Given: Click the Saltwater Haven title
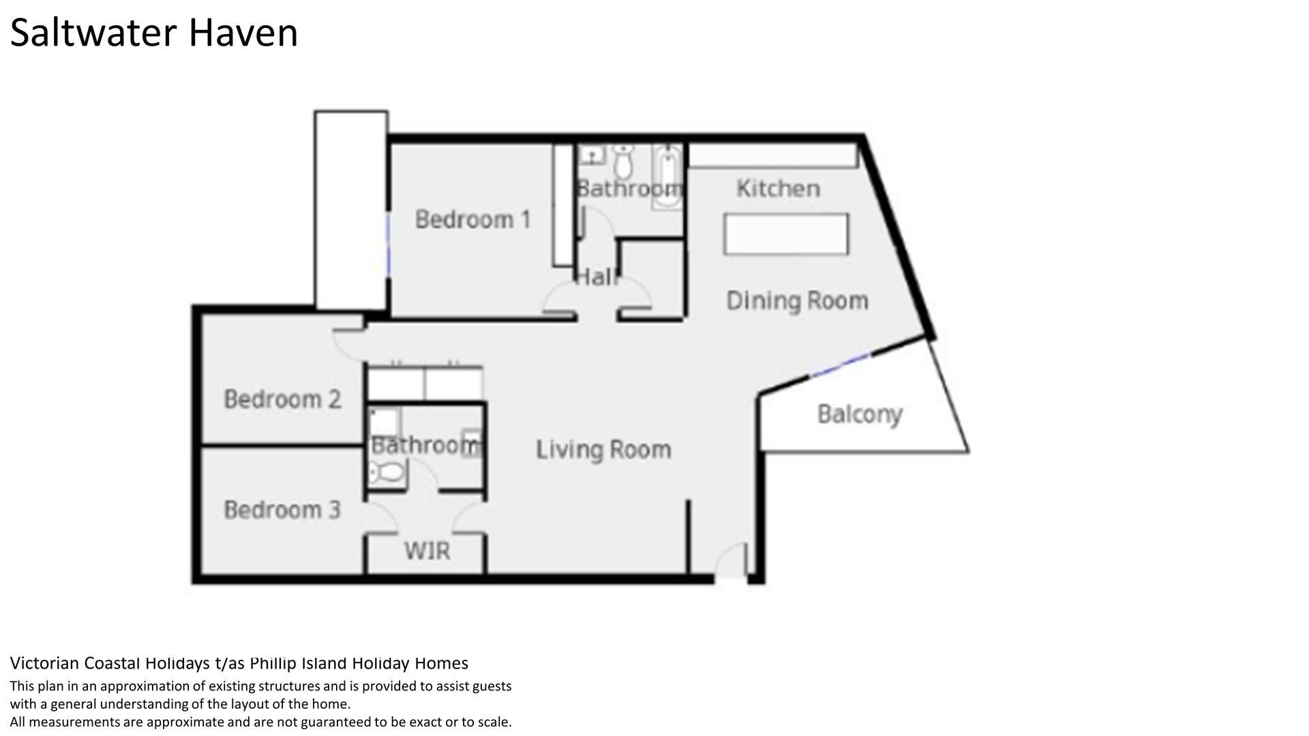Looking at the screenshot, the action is pos(154,33).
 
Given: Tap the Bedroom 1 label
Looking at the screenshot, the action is pos(472,219).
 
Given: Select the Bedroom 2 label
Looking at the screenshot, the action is pos(282,399).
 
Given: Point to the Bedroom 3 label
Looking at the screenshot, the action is pos(282,510).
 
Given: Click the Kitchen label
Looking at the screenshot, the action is pos(778,188).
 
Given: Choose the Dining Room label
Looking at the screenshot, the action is pos(797,301).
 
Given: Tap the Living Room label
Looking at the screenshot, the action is pos(603,450).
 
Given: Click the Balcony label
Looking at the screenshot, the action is pos(860,414).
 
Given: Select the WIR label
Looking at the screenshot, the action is pos(427,551).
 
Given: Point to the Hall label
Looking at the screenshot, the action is pos(597,277).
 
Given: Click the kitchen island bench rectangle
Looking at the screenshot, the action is pos(786,234).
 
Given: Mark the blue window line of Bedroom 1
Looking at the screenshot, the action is pos(389,246).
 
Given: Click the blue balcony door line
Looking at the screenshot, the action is pos(840,366).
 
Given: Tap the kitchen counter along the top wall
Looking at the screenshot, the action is pos(772,155).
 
